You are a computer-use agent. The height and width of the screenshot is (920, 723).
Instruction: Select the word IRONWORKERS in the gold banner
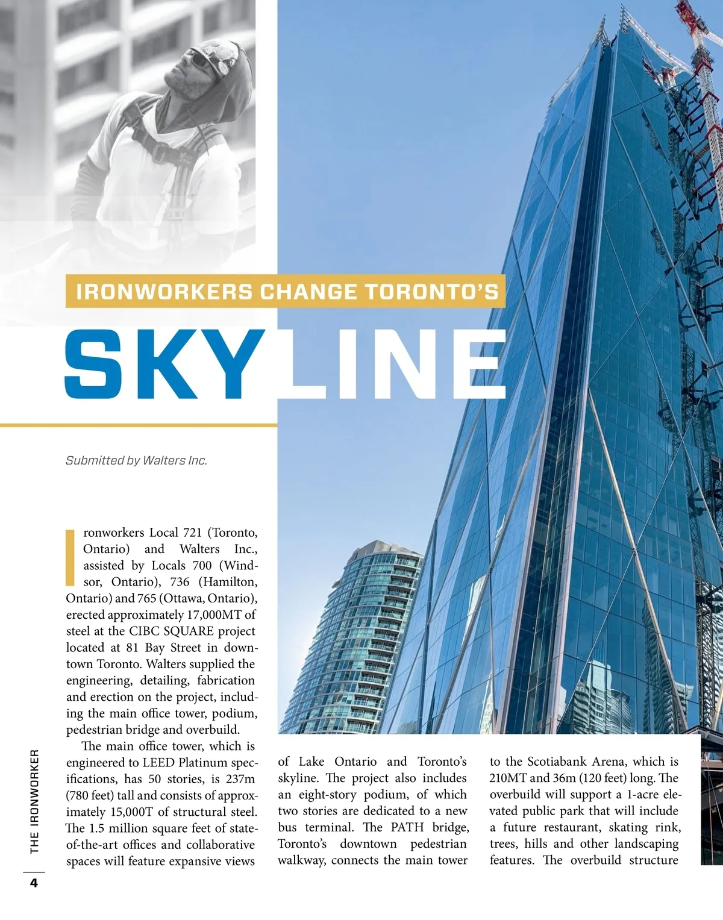pos(164,292)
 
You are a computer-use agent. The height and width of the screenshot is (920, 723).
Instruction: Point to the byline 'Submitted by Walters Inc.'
pos(136,460)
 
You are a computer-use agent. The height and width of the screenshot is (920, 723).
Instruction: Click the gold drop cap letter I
pos(70,558)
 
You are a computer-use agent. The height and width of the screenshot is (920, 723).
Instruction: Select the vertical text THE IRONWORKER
pos(34,801)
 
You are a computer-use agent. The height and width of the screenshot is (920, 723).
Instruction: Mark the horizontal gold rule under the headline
pos(139,425)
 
